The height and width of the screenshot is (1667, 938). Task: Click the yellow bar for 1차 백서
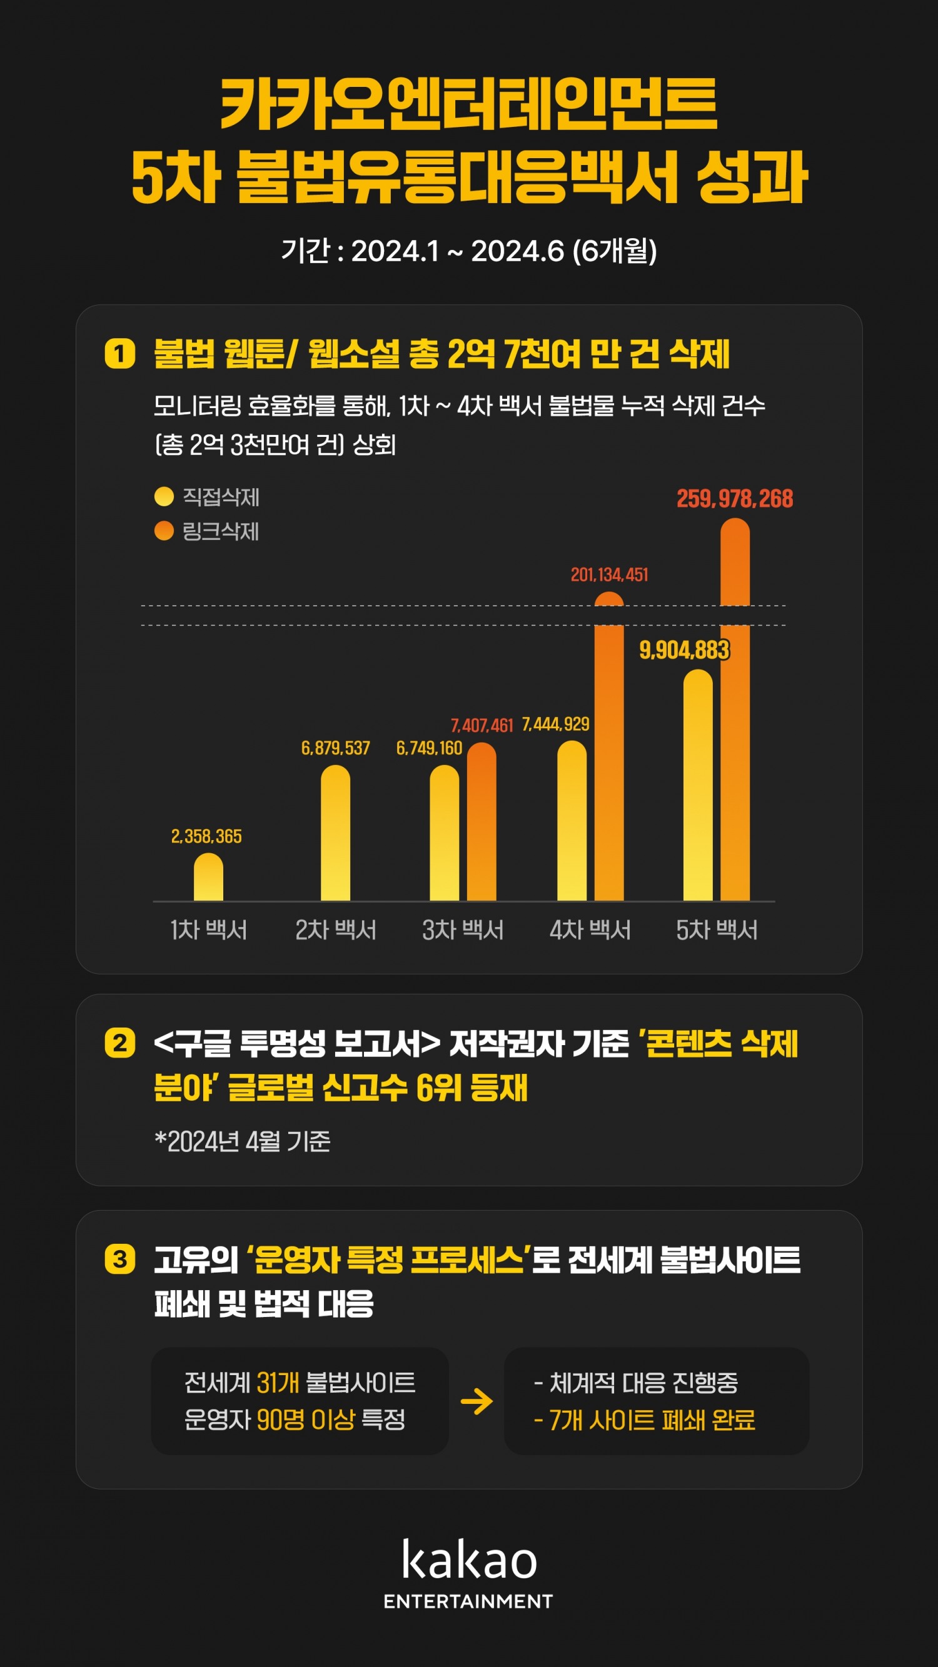[x=208, y=878]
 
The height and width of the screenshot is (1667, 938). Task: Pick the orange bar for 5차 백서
[x=735, y=712]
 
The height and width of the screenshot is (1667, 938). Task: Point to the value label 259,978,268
[x=735, y=499]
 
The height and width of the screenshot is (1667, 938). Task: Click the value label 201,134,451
[x=609, y=574]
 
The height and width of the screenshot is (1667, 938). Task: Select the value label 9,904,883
[x=684, y=649]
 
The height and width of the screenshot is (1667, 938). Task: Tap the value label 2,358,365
[x=206, y=836]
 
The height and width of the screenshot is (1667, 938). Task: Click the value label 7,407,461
[x=482, y=726]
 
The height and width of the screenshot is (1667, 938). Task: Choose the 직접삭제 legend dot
[x=164, y=496]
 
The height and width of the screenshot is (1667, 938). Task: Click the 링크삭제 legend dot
[x=164, y=531]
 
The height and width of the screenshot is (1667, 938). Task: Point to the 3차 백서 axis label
[x=463, y=930]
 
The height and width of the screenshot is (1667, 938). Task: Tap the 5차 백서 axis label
[x=717, y=930]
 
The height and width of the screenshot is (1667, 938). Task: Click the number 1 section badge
[x=120, y=353]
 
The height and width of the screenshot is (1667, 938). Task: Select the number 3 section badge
[x=120, y=1259]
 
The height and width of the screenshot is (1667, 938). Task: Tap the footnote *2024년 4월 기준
[x=243, y=1141]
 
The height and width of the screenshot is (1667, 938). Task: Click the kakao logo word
[x=468, y=1560]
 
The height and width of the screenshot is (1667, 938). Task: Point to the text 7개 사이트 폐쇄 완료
[x=645, y=1420]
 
